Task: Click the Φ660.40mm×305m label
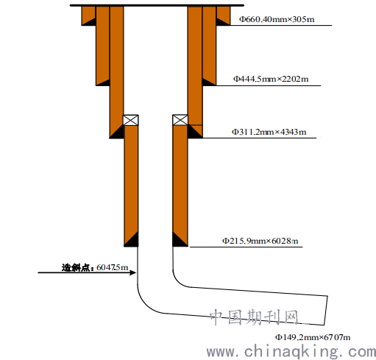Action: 277,19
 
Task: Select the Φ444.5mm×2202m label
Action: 271,79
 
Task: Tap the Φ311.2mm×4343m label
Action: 269,132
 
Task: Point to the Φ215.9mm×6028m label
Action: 260,241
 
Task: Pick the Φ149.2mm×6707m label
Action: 313,337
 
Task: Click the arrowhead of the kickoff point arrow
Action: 133,272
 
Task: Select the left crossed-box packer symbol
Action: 130,120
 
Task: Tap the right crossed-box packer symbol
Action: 180,120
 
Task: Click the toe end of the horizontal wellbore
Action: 326,311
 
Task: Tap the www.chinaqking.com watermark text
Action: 291,352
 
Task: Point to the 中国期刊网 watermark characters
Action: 254,317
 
